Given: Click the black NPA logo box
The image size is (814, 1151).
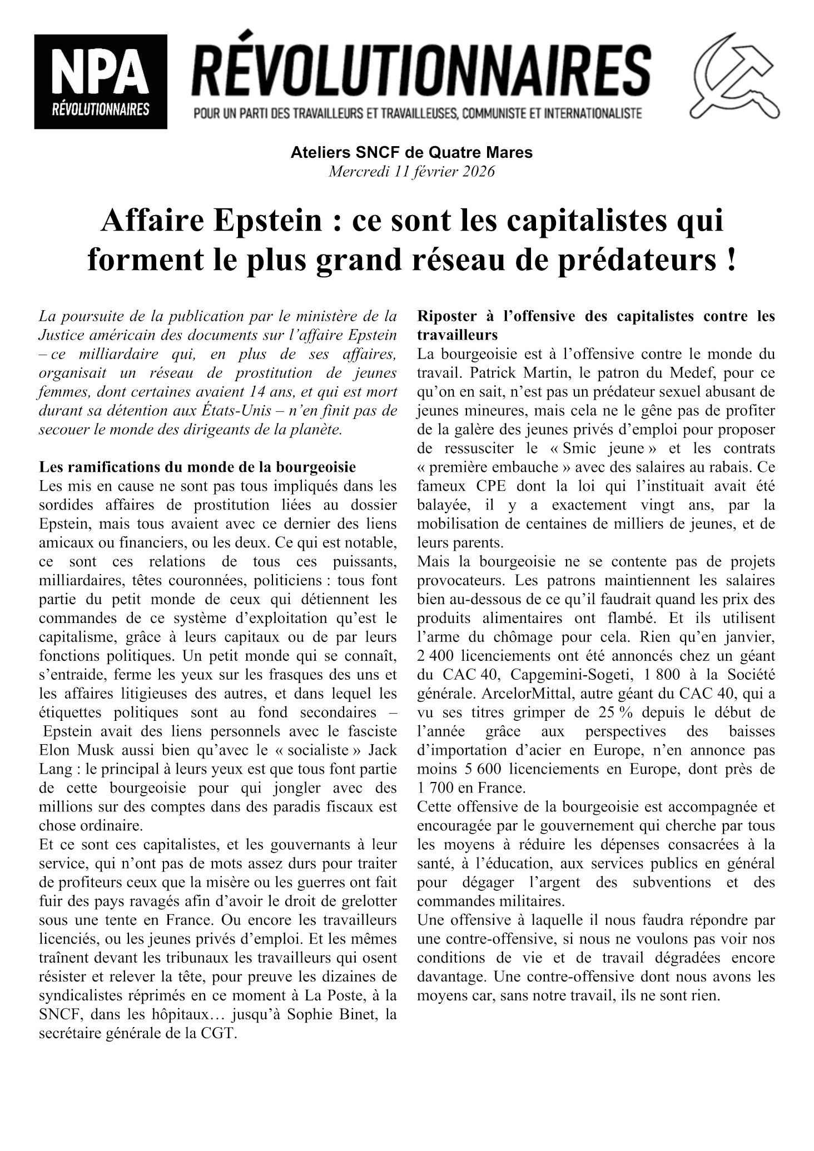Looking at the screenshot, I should [x=101, y=81].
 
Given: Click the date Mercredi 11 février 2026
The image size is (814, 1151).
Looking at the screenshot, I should [x=411, y=172].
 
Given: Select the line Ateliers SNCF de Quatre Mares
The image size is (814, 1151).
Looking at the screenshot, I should [x=411, y=152].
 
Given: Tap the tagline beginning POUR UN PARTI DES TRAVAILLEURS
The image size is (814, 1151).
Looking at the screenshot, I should [x=418, y=114].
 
